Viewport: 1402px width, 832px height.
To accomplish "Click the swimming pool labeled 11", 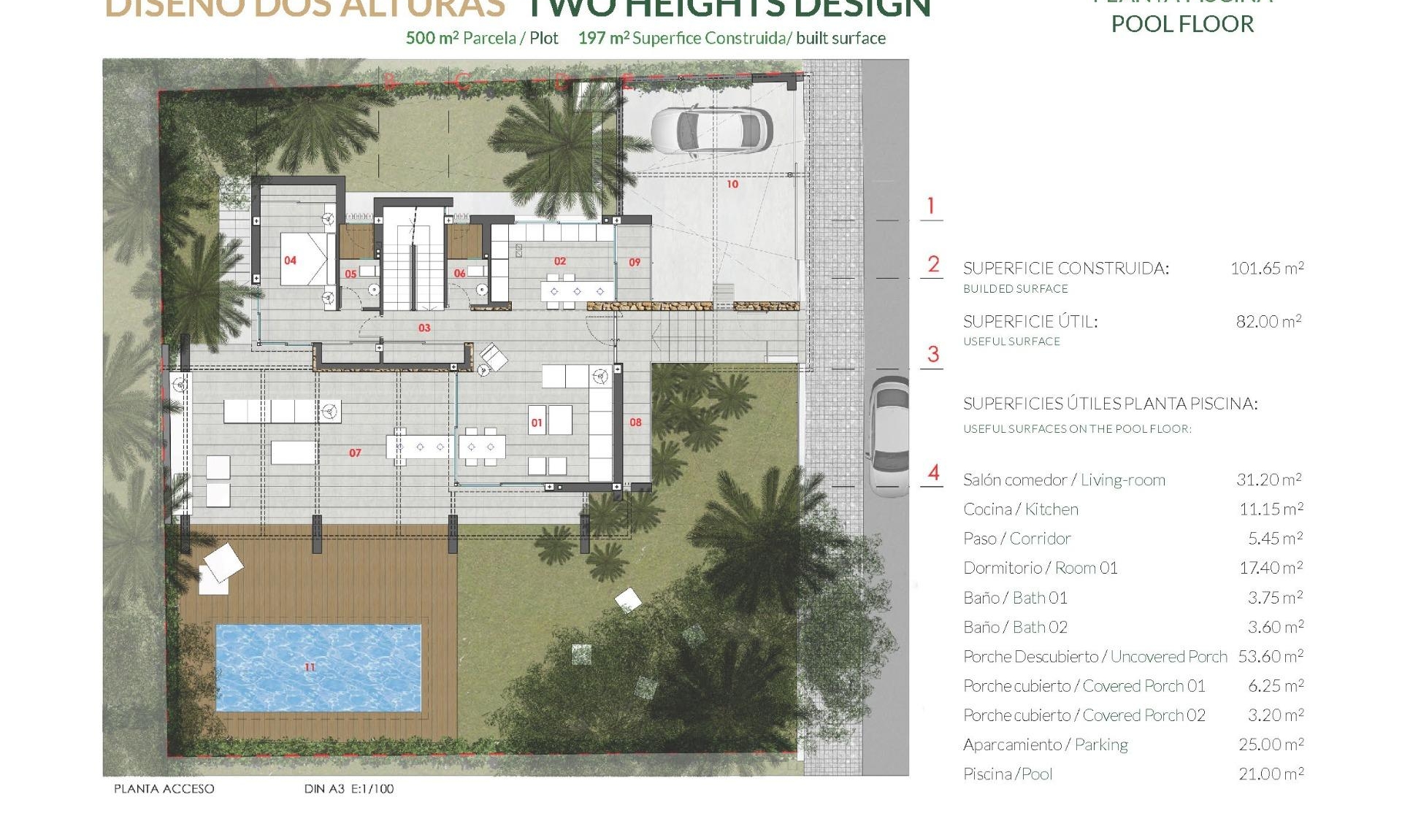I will tap(318, 667).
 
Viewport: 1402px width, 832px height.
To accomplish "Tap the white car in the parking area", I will tap(711, 131).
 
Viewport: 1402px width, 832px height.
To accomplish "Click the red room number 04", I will tap(291, 261).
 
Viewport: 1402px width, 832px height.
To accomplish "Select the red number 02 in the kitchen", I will tap(560, 261).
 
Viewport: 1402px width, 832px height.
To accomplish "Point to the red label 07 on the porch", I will tap(355, 453).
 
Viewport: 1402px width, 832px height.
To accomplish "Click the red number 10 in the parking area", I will tap(732, 185).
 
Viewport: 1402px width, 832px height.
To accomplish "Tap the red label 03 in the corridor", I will tap(424, 328).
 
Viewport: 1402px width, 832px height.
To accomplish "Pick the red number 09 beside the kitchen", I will tap(635, 262).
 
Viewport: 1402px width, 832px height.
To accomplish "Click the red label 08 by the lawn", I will tap(635, 423).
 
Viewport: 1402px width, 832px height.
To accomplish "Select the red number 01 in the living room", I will tap(537, 423).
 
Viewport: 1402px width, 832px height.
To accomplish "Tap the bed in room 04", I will tap(307, 259).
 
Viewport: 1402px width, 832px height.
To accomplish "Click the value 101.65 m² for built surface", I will tap(1267, 269).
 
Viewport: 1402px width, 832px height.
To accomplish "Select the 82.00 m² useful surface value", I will tap(1269, 322).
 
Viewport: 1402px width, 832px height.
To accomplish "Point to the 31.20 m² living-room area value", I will tap(1269, 479).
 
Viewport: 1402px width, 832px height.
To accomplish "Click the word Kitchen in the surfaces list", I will tap(1051, 509).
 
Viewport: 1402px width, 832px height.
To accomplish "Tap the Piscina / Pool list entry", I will tap(1008, 774).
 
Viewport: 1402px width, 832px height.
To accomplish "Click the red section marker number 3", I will tap(932, 355).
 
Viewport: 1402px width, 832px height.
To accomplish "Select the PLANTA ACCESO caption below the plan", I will tap(164, 789).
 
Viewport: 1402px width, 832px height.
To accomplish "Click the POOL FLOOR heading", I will tap(1182, 24).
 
